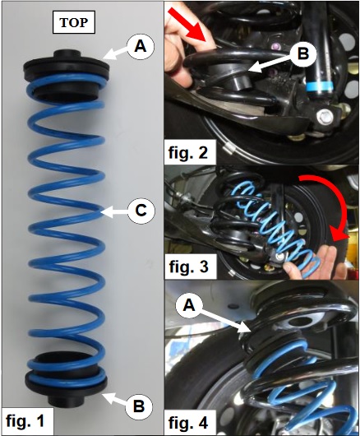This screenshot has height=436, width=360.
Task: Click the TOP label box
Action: pos(74,22)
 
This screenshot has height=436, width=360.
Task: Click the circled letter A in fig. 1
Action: pos(141,47)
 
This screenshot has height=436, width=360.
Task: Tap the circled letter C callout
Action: pos(141,211)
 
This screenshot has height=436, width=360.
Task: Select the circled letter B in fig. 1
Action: pos(139,406)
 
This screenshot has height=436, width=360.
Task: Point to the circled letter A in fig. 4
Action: pos(189,306)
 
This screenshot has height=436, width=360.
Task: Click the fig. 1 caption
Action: pos(25,421)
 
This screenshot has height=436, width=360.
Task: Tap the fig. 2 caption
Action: pos(188,152)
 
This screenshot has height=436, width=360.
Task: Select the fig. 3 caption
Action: pos(189,267)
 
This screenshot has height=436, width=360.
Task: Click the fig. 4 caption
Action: pos(188,423)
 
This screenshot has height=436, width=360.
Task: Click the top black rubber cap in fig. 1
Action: pos(66,67)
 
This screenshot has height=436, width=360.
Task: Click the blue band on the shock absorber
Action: pos(320,86)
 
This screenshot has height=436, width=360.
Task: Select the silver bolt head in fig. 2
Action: pos(325,117)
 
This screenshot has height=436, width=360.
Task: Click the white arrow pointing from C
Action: pos(115,212)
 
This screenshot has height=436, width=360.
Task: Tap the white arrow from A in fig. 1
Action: pos(116,53)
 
